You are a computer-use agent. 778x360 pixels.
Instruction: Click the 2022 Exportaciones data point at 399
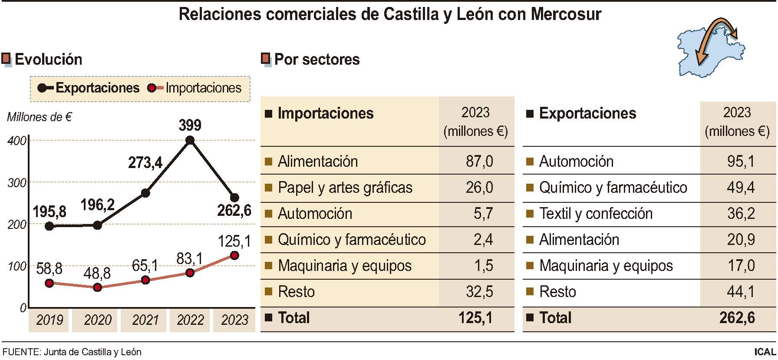click(x=190, y=140)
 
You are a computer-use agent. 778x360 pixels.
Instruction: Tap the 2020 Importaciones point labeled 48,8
click(x=97, y=287)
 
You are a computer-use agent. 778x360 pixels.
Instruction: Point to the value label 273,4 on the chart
click(x=145, y=163)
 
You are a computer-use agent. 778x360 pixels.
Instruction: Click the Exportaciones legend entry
click(x=89, y=88)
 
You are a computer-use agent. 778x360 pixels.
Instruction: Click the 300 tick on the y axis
click(x=17, y=183)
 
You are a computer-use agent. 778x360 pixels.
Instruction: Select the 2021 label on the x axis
click(x=145, y=320)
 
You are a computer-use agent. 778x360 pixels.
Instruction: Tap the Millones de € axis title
click(x=39, y=117)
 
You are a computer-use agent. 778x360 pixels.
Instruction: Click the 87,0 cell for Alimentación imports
click(x=479, y=162)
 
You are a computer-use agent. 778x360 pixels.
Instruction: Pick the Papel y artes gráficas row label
click(x=345, y=188)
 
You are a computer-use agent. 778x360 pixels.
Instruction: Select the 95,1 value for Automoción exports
click(x=740, y=162)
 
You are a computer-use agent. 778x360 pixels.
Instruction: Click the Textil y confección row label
click(x=596, y=214)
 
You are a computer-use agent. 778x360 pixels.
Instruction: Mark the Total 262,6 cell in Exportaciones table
click(x=736, y=318)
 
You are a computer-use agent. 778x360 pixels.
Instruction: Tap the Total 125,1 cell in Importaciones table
click(x=475, y=318)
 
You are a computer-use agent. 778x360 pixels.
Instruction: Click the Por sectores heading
click(x=317, y=59)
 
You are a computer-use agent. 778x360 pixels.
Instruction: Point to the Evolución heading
click(x=48, y=59)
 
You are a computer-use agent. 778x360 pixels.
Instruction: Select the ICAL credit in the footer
click(x=765, y=352)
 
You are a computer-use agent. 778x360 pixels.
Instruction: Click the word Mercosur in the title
click(x=566, y=14)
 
